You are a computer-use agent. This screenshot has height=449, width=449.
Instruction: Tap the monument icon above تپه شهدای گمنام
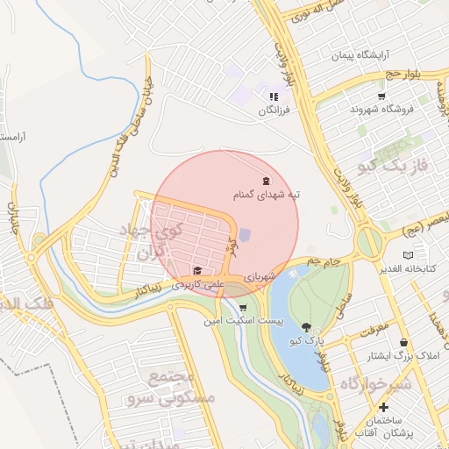[267, 181]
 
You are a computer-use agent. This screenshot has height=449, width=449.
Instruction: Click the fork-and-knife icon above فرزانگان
[274, 97]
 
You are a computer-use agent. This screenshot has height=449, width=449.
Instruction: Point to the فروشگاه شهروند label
[381, 110]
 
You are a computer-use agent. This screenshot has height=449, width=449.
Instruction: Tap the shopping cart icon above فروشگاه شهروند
[381, 96]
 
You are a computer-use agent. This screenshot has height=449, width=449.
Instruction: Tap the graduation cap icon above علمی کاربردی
[197, 270]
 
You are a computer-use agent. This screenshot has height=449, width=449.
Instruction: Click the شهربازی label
[260, 275]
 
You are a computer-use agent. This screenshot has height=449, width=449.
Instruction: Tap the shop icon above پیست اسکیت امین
[242, 308]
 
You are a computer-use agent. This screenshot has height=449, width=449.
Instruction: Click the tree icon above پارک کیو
[305, 327]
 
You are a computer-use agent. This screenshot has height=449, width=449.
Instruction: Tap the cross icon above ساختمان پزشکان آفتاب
[383, 408]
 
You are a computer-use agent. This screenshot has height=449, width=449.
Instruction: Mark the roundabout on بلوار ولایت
[369, 239]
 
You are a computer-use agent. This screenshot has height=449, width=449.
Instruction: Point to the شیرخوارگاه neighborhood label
[375, 383]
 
